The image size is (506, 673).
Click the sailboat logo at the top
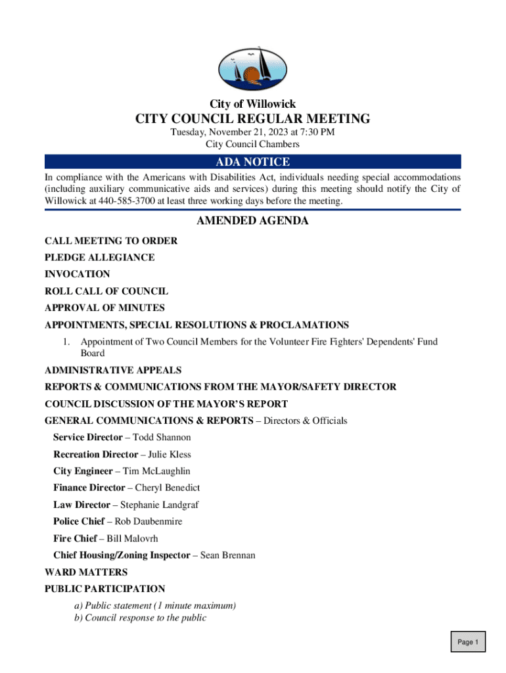coord(252,68)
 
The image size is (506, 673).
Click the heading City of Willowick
coord(252,104)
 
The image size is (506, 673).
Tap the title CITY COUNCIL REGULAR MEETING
coord(252,119)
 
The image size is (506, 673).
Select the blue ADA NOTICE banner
coord(252,162)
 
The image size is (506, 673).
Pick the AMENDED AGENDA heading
coord(252,221)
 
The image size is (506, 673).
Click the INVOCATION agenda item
coord(78,274)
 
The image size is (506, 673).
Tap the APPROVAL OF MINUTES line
coord(104,308)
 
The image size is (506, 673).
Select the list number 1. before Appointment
coord(66,342)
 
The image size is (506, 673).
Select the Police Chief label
coord(79,521)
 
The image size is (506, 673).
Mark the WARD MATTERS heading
coord(86,572)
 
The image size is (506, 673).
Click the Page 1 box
coord(468,642)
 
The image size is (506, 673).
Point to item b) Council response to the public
coord(141,618)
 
